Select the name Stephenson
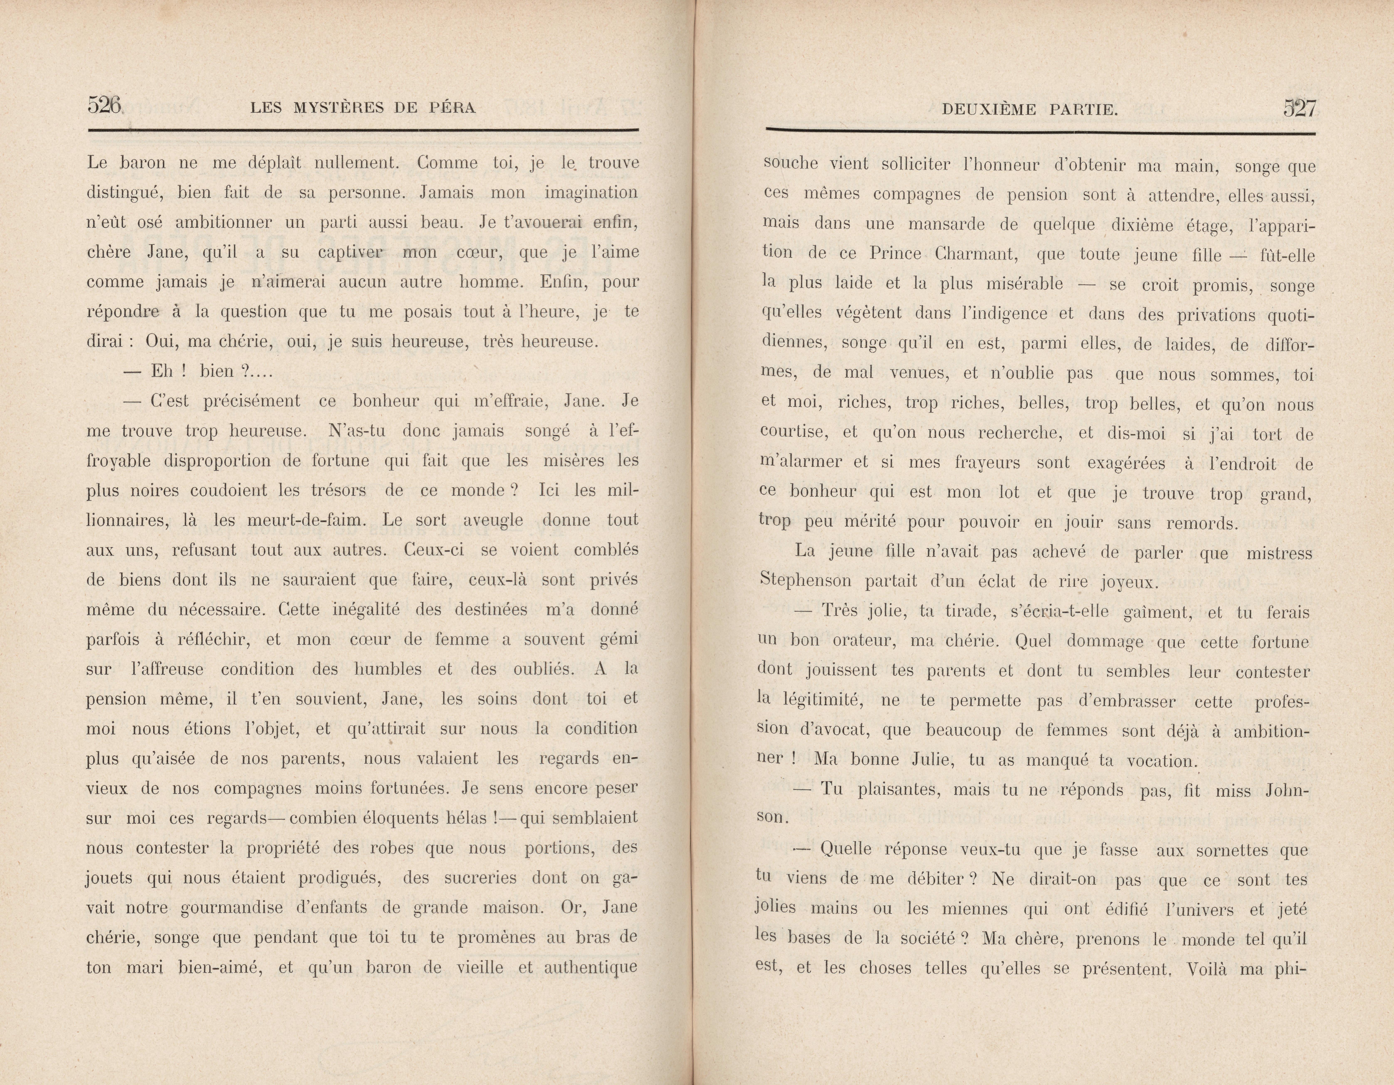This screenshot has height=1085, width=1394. [x=806, y=581]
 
